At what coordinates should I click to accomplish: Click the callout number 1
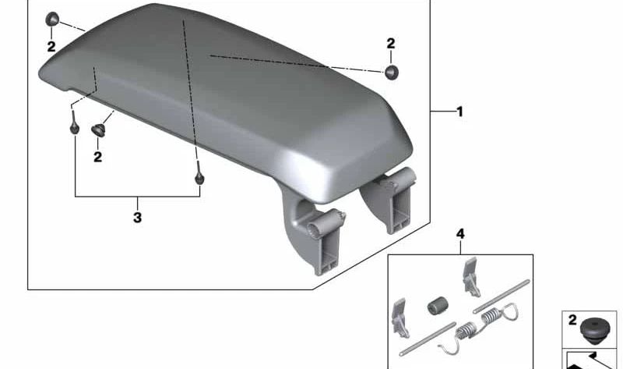(459, 112)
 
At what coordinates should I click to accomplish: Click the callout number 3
(137, 218)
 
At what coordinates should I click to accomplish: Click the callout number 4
(460, 234)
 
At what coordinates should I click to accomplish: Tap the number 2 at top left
(51, 47)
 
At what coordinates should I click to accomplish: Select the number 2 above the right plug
(391, 44)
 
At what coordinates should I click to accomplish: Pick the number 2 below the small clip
(98, 157)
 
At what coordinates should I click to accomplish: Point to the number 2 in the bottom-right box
(572, 320)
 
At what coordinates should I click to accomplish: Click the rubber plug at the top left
(52, 19)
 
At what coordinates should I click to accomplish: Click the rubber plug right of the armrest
(392, 72)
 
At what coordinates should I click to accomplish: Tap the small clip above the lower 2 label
(98, 130)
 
